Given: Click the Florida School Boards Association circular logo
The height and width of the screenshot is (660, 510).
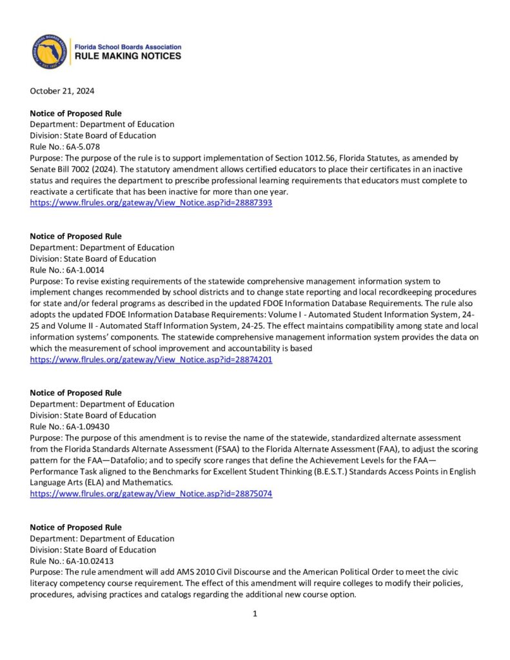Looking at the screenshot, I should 50,52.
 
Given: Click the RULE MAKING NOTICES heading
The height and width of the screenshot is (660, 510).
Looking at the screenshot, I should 128,57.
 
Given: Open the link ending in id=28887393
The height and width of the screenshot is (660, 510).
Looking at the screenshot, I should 151,203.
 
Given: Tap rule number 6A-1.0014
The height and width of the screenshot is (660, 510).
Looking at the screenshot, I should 81,270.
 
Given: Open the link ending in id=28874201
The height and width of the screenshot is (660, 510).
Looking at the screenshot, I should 151,360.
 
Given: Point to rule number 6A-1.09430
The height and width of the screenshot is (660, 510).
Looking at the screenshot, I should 83,426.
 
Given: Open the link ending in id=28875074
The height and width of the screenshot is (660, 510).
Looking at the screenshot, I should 151,494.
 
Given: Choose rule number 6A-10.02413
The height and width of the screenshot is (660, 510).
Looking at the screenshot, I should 85,561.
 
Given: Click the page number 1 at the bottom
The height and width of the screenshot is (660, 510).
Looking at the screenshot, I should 255,614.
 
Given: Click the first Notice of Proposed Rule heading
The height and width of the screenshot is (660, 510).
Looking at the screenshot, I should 75,113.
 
